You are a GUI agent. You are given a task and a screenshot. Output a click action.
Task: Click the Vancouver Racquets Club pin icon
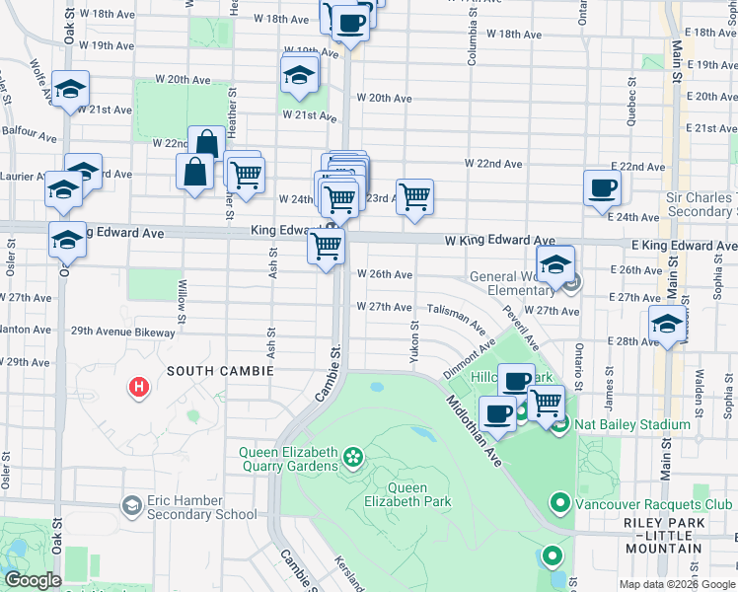click(x=560, y=503)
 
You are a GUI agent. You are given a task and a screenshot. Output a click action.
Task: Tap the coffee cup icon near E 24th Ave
click(x=602, y=187)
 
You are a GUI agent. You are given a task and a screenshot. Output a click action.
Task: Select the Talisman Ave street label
click(x=456, y=316)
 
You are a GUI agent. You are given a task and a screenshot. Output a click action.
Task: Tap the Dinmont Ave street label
click(x=468, y=359)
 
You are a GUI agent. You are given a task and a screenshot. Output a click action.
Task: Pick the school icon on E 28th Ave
click(x=668, y=324)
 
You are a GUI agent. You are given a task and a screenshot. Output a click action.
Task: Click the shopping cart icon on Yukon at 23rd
click(x=415, y=195)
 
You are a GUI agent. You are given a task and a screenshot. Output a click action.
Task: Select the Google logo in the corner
click(x=33, y=580)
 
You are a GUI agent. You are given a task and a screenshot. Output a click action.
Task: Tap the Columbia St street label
click(x=472, y=39)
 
